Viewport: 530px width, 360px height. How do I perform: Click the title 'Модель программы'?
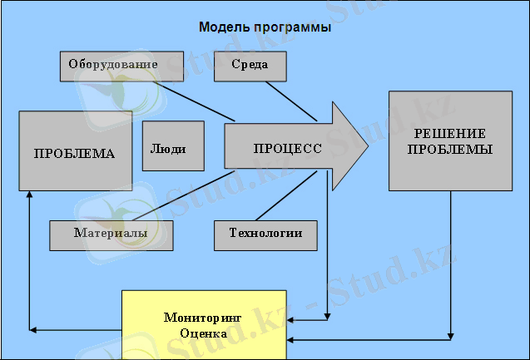(265, 27)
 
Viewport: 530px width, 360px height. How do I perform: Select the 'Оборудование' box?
(121, 67)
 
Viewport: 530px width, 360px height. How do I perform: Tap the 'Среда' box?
(250, 67)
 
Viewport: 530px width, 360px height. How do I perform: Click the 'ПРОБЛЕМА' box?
(76, 151)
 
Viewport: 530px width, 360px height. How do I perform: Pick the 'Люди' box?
(173, 145)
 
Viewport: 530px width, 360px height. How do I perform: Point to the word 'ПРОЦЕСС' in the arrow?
(288, 149)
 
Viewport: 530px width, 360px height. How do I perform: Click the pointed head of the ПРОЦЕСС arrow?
(368, 146)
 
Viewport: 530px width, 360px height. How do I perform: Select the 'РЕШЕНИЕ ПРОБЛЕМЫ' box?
(450, 141)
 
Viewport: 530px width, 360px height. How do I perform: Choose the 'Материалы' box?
(111, 236)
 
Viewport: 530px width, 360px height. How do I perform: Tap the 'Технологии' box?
(265, 236)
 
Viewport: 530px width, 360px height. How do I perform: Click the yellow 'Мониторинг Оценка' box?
(204, 325)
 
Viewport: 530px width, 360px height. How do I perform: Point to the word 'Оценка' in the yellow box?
(203, 333)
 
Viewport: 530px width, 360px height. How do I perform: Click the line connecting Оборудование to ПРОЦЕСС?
(194, 101)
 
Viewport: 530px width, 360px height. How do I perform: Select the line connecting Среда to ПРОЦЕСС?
(291, 101)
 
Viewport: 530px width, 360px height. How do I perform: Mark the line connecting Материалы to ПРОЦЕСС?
(184, 196)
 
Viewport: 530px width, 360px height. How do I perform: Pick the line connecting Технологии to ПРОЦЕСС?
(286, 196)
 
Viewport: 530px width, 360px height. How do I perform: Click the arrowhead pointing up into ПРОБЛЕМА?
(29, 195)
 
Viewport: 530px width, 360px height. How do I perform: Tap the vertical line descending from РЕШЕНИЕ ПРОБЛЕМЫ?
(450, 265)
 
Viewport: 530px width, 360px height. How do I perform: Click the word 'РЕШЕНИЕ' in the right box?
(450, 134)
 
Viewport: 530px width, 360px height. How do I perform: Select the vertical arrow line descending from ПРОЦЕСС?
(327, 245)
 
